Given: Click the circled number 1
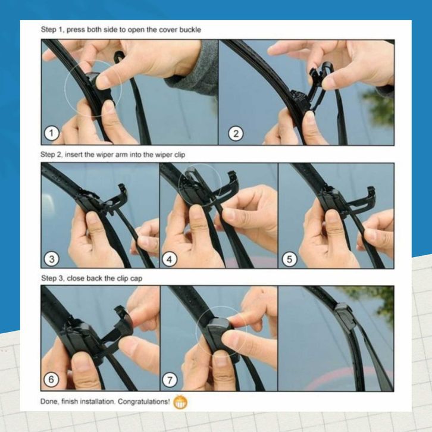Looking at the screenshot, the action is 52,133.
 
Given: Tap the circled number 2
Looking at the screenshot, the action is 236,134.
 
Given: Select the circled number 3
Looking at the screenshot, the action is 52,259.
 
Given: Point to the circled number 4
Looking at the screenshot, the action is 169,259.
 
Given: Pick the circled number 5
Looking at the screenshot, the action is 289,259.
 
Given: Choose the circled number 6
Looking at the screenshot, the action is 52,380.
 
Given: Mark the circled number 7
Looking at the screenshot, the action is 170,380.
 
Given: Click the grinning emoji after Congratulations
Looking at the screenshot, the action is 180,402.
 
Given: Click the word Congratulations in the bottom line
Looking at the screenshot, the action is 144,402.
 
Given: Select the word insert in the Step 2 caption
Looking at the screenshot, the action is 74,155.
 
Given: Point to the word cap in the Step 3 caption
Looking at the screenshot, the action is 136,279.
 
